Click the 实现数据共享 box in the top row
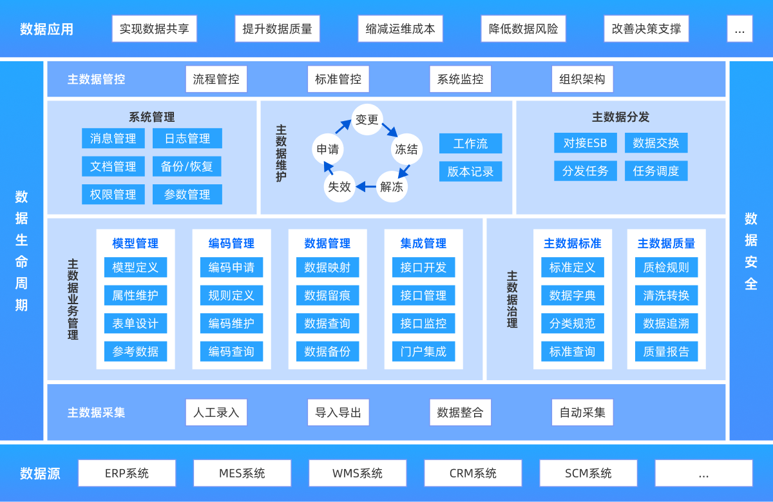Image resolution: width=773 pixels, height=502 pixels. (x=154, y=29)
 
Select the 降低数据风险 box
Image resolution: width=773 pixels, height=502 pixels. (x=523, y=29)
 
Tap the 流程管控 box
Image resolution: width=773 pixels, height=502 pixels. (x=216, y=79)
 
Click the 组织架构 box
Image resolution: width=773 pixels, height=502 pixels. (x=582, y=79)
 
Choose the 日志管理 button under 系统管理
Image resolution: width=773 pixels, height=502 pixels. (x=187, y=139)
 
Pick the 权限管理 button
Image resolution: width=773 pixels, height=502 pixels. (x=113, y=195)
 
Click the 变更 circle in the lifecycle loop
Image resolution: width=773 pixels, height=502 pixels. (x=367, y=120)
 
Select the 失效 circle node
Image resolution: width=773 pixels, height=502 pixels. (x=339, y=187)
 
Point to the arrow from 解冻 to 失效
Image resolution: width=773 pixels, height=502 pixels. (x=366, y=187)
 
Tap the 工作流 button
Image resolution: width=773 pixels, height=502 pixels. (x=470, y=144)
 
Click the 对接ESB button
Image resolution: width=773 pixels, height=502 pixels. (x=585, y=143)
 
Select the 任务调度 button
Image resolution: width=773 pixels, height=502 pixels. (x=656, y=171)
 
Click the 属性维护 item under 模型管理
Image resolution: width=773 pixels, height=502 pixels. (x=135, y=296)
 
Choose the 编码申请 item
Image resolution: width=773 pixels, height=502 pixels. (x=231, y=267)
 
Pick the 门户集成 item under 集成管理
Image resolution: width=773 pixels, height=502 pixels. (x=423, y=352)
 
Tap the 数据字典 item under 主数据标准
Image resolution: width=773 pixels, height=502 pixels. (x=572, y=296)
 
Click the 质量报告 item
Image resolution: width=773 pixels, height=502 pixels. (x=666, y=352)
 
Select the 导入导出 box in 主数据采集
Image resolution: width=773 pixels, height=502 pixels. (x=338, y=412)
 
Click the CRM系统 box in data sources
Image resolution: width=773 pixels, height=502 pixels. (x=473, y=473)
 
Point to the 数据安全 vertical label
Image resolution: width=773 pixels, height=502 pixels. (x=750, y=251)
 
